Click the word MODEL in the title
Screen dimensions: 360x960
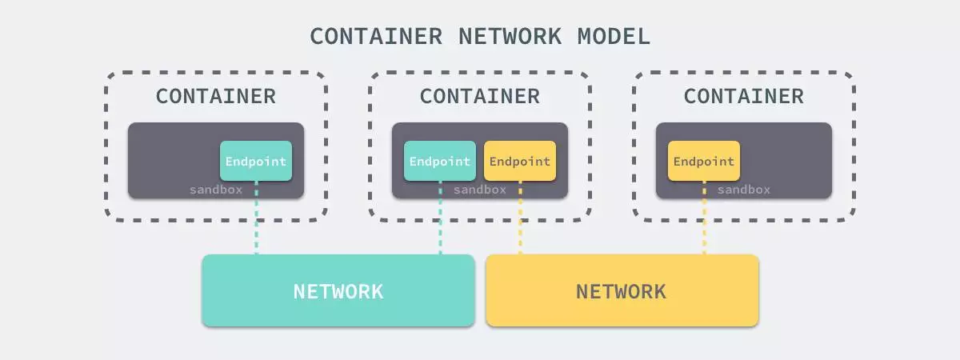(612, 36)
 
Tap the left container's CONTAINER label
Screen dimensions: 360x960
(216, 96)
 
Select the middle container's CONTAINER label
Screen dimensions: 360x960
(480, 96)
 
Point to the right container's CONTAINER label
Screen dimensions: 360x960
(744, 96)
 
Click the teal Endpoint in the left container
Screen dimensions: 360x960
(256, 161)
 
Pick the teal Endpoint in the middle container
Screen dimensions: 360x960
(440, 161)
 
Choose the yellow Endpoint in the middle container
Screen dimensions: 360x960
(520, 161)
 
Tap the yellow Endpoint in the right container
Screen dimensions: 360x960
(704, 161)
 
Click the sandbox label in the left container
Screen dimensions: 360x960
(216, 190)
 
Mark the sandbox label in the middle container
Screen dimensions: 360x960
(480, 190)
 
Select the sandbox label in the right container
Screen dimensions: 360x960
(744, 190)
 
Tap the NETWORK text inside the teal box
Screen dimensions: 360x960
(338, 291)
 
